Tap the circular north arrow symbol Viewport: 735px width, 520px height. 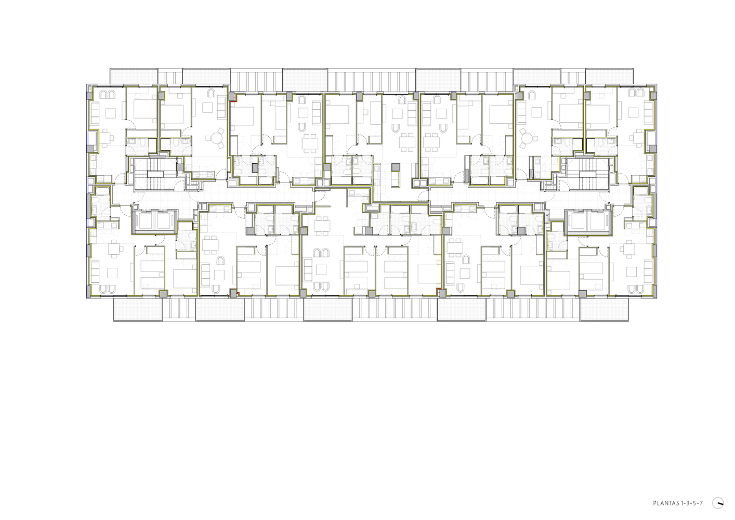(x=718, y=503)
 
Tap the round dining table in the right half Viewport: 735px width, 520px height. (x=528, y=138)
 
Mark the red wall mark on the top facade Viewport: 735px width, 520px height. (x=233, y=101)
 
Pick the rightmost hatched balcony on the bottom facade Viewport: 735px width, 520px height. (x=604, y=309)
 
